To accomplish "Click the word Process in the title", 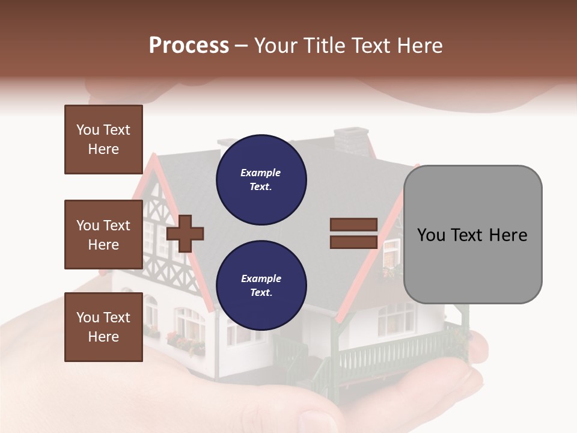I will click(x=189, y=46).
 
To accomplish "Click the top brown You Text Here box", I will click(x=103, y=140).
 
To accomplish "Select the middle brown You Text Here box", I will click(x=103, y=235).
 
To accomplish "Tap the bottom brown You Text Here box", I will click(x=103, y=327).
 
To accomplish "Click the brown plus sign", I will click(x=185, y=233).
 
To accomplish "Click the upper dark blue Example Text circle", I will click(x=261, y=180).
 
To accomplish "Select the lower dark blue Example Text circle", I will click(x=261, y=286).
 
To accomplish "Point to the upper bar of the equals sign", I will click(x=353, y=225).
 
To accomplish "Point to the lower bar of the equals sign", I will click(x=353, y=242).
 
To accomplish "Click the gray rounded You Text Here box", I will click(x=472, y=235).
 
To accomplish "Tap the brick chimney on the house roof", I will click(x=351, y=142).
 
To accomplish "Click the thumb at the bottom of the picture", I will click(x=313, y=418).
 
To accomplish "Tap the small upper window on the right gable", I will click(x=391, y=253).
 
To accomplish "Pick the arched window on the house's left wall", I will click(x=150, y=311).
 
